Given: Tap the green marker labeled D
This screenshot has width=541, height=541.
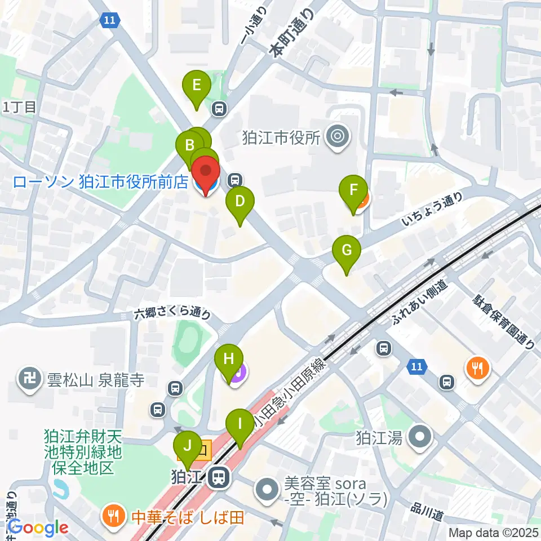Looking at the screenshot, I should (240, 202).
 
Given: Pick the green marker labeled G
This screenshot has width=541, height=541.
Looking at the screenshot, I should (346, 251).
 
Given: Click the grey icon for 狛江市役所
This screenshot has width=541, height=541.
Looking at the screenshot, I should (338, 136).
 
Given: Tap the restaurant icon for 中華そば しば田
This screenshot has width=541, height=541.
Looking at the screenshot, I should (113, 516).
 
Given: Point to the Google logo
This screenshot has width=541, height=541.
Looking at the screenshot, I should (38, 527).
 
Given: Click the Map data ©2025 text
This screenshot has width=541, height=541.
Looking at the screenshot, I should (493, 532).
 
